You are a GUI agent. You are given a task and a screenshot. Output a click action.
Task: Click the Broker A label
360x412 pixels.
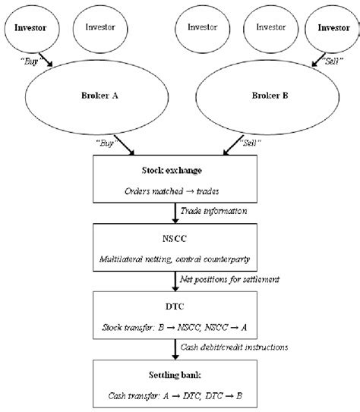coord(99,96)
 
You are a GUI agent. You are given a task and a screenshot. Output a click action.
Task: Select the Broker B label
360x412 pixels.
coord(270,96)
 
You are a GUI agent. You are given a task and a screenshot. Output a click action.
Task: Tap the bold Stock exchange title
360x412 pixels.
coord(172,171)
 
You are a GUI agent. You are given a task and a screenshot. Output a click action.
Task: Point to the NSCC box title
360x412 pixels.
coord(175,238)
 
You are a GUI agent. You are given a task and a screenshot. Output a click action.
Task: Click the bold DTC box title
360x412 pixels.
coord(175,307)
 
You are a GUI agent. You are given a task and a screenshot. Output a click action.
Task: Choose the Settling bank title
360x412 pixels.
coord(175,375)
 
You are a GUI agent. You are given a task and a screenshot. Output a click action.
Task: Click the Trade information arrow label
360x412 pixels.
coord(213,211)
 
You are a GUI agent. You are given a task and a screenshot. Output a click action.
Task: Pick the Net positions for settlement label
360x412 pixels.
coord(229,279)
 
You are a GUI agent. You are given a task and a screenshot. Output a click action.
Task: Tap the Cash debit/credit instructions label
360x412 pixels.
coord(234,347)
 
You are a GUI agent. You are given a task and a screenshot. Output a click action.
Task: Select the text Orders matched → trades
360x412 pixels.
coord(172,191)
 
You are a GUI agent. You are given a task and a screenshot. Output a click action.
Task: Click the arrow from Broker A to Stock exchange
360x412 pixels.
coord(124,145)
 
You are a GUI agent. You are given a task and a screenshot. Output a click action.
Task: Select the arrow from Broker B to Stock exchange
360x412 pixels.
coord(233,145)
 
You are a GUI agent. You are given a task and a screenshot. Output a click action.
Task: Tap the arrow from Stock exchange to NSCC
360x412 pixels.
coord(175,213)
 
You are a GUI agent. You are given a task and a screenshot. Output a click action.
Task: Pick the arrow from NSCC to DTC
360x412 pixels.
coord(175,281)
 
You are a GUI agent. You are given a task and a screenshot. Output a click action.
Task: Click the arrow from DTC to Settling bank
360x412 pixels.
coord(175,349)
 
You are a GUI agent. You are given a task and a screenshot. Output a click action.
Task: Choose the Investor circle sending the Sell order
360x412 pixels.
coord(332,29)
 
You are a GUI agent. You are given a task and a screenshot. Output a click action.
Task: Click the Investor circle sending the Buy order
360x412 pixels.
coord(32,29)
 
